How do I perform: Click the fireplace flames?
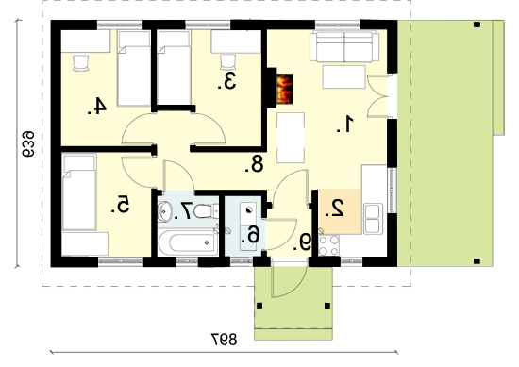click(x=284, y=89)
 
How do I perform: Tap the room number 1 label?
click(x=345, y=125)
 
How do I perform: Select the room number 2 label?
click(x=334, y=209)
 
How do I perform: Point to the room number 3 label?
click(x=226, y=81)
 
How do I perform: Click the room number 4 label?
click(x=97, y=106)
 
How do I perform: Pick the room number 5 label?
click(x=120, y=204)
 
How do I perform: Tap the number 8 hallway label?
click(x=254, y=164)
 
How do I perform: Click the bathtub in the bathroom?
click(x=188, y=242)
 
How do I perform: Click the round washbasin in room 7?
click(x=164, y=211)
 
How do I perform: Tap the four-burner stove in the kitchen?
click(x=329, y=245)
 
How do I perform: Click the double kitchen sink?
click(x=372, y=218)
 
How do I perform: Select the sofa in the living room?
click(x=344, y=46)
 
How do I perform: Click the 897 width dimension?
click(x=224, y=340)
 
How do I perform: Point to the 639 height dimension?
click(x=28, y=144)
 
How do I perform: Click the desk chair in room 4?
click(x=81, y=63)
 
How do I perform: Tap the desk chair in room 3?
click(x=227, y=62)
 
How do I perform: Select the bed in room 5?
click(x=79, y=192)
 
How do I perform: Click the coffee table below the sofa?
click(x=343, y=76)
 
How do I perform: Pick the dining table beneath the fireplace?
click(x=291, y=138)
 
